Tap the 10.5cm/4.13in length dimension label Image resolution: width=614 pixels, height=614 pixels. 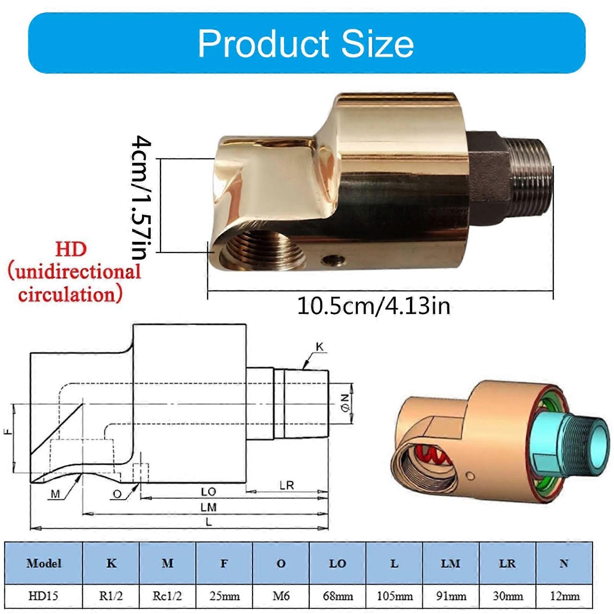point(373,306)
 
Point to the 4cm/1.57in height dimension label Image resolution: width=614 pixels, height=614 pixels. point(141,197)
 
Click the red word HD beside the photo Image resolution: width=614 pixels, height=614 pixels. point(71,249)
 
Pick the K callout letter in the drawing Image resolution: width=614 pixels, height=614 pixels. point(319,347)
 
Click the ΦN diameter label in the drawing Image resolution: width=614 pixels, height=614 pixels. point(345,404)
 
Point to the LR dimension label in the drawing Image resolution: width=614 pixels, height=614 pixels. point(287,485)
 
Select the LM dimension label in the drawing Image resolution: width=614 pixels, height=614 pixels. point(208,507)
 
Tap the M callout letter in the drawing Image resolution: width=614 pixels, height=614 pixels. point(55,494)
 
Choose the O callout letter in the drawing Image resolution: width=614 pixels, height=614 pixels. point(117,494)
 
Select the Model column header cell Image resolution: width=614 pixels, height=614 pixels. point(44,563)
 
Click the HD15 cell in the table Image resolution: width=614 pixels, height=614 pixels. point(43,596)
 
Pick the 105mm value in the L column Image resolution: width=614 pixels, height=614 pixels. point(394,596)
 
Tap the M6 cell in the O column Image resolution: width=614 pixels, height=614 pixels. point(281,596)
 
